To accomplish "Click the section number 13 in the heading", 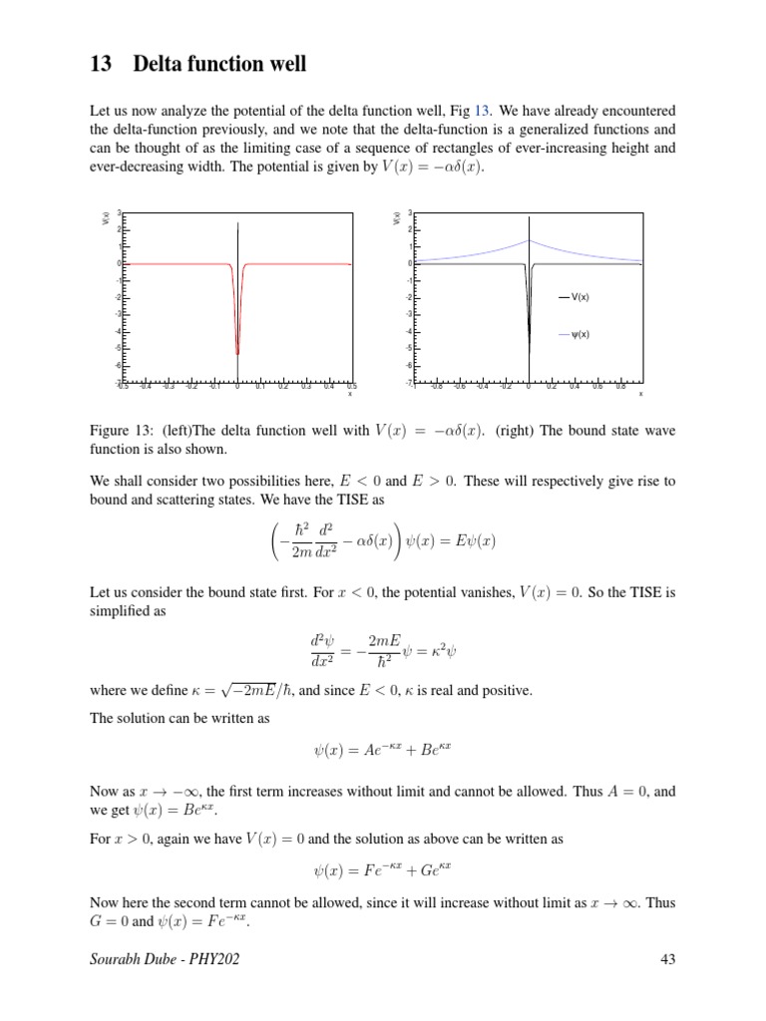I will pyautogui.click(x=100, y=66).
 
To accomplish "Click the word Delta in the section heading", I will pyautogui.click(x=162, y=66).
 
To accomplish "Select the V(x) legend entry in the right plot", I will pyautogui.click(x=581, y=297).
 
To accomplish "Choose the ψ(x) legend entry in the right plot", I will pyautogui.click(x=581, y=334).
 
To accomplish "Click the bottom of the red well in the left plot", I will pyautogui.click(x=236, y=354).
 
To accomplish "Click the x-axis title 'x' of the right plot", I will pyautogui.click(x=640, y=395).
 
